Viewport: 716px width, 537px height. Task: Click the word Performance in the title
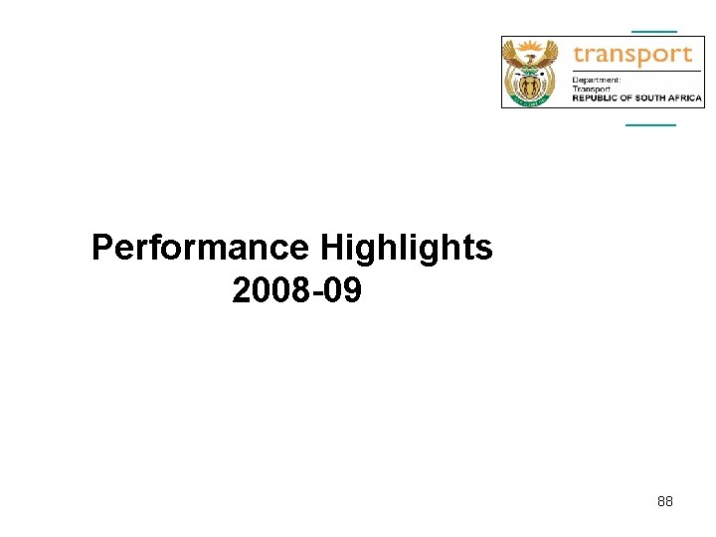(x=201, y=248)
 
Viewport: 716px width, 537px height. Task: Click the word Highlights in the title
(x=407, y=248)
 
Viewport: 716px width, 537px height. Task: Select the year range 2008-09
(x=297, y=291)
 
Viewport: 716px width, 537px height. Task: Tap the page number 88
(x=665, y=501)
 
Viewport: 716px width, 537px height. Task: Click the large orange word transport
(x=632, y=54)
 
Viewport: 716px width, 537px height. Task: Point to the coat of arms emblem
(x=535, y=72)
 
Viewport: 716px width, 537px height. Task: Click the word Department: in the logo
(x=597, y=80)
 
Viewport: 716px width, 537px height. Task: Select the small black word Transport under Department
(x=592, y=89)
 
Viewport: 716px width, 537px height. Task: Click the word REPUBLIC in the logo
(x=594, y=98)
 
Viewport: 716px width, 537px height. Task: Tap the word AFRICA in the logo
(x=686, y=98)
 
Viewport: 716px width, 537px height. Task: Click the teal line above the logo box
(x=654, y=31)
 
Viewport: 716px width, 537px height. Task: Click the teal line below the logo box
(x=650, y=124)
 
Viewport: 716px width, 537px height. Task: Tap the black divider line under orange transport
(x=636, y=72)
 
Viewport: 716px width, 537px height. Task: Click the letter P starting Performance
(x=101, y=248)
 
